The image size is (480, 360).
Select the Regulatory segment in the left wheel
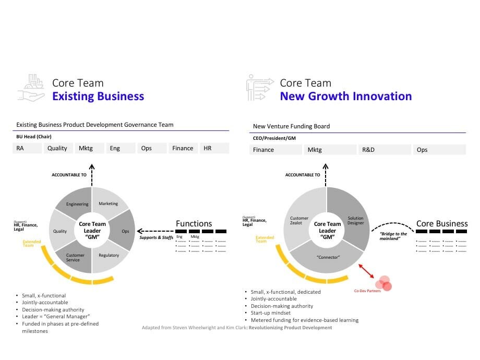click(x=109, y=255)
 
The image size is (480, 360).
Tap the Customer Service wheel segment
click(x=76, y=257)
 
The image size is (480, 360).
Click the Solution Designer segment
click(x=355, y=221)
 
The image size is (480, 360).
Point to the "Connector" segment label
click(x=328, y=257)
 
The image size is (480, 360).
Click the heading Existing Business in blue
click(x=98, y=97)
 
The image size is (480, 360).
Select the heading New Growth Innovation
click(x=345, y=97)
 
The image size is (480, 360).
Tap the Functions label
click(x=194, y=224)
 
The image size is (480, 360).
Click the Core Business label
click(x=441, y=224)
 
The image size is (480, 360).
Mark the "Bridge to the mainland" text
click(x=393, y=236)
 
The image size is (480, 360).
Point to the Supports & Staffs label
click(x=156, y=238)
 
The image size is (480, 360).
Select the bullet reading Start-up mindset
click(x=270, y=313)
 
